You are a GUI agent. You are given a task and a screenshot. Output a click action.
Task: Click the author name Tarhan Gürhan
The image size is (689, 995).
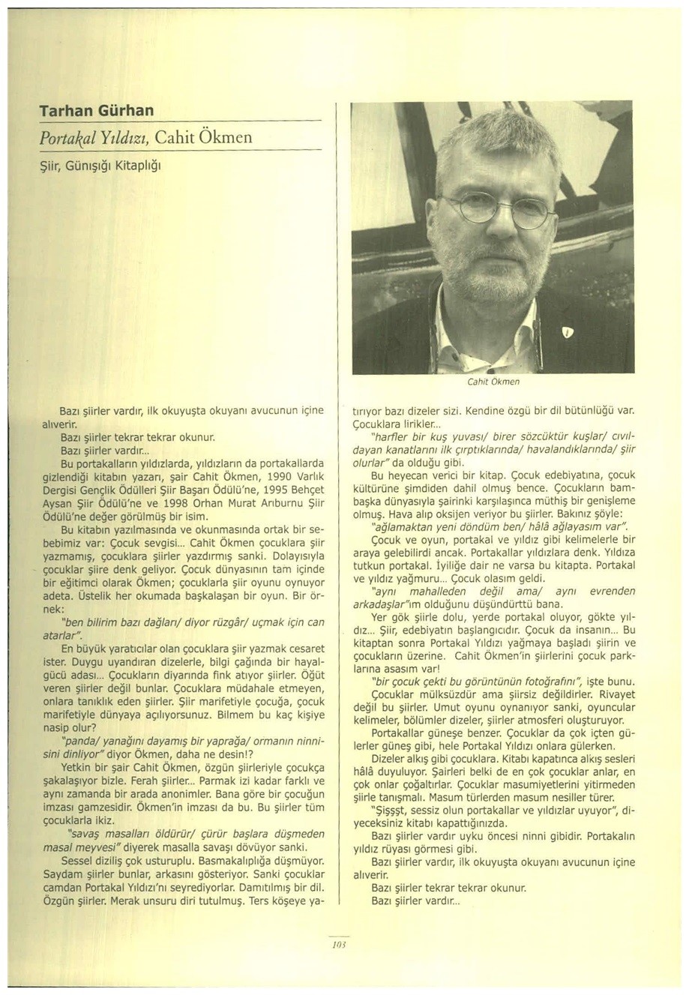coord(97,111)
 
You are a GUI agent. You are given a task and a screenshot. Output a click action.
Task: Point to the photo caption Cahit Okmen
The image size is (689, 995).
coord(493,382)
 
